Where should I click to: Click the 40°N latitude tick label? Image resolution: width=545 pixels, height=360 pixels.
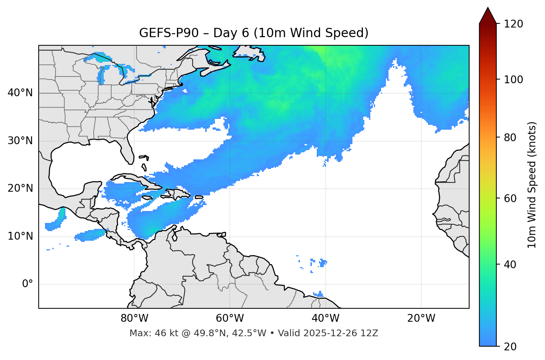pos(20,93)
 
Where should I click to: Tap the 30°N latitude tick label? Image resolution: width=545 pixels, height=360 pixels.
pos(20,141)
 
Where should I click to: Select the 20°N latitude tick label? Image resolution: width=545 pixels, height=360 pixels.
pos(20,188)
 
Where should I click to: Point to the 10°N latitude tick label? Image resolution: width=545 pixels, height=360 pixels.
pos(20,236)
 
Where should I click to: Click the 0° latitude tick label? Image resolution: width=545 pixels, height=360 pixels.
pos(28,284)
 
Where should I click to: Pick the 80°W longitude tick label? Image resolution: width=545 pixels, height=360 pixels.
pos(134,318)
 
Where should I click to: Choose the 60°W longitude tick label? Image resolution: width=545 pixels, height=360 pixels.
pos(230,318)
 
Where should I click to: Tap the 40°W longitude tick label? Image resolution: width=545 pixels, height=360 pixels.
pos(325,318)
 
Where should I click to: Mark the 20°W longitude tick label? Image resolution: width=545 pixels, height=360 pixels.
pos(421,318)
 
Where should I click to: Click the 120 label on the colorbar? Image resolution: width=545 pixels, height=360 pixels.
pos(514,24)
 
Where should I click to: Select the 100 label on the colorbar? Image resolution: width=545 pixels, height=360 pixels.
pos(514,80)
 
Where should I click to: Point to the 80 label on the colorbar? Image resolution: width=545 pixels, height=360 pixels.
pos(512,137)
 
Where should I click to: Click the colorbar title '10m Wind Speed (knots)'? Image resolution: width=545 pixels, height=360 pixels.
pos(532,185)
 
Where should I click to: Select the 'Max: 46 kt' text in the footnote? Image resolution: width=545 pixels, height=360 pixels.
pos(146,333)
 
